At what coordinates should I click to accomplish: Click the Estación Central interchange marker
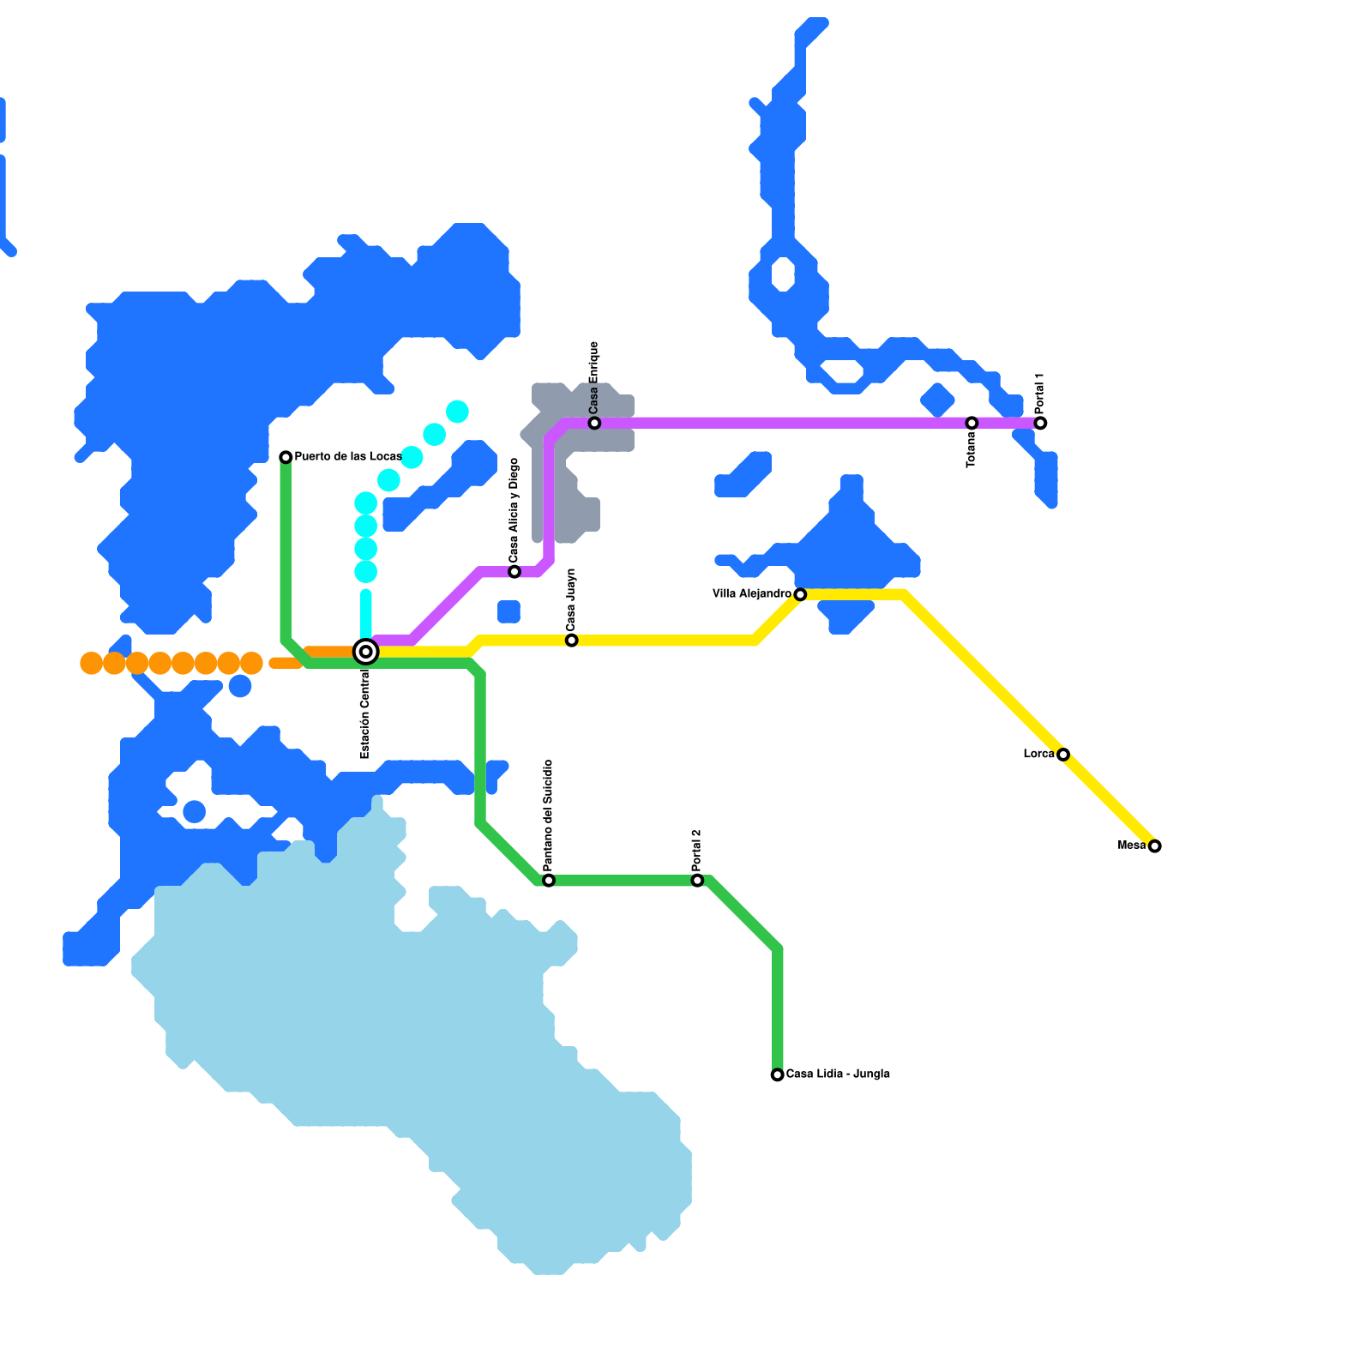tap(366, 652)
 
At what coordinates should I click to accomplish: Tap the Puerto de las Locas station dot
tap(286, 457)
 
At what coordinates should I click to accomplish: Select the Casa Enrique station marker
tap(594, 423)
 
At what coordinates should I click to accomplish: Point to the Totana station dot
tap(972, 423)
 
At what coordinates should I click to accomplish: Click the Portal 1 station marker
tap(1040, 423)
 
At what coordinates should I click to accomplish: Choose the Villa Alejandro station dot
tap(800, 594)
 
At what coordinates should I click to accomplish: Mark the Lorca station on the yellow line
tap(1063, 755)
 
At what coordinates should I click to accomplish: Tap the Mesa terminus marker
tap(1155, 846)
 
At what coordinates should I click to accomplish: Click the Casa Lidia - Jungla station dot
tap(777, 1074)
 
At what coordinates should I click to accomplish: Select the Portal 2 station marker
tap(697, 881)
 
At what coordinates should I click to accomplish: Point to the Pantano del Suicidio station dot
tap(549, 881)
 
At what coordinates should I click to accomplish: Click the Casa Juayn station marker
tap(572, 641)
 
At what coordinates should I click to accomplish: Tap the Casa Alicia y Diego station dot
tap(514, 572)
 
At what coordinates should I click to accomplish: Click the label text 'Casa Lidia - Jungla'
tap(838, 1074)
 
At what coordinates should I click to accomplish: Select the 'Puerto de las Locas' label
tap(347, 456)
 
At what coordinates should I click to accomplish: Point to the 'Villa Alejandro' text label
tap(751, 593)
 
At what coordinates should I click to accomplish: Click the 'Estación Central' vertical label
tap(365, 713)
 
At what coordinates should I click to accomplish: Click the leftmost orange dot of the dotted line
tap(91, 663)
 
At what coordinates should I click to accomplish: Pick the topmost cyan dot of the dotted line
tap(457, 412)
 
